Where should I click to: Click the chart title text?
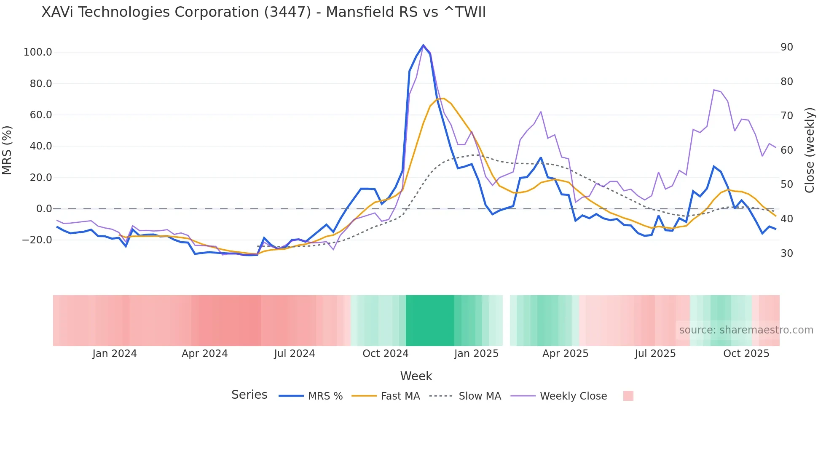click(x=263, y=12)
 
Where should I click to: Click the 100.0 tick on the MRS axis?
click(x=38, y=52)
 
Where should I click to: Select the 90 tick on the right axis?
click(x=787, y=47)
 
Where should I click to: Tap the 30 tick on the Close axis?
click(x=787, y=253)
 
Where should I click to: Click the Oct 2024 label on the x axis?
click(x=385, y=354)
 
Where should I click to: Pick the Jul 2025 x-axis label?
click(x=655, y=354)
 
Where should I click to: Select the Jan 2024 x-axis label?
click(x=115, y=354)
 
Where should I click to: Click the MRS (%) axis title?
click(x=7, y=150)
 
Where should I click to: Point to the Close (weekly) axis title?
click(x=810, y=150)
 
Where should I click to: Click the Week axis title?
click(x=416, y=376)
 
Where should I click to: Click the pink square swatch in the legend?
click(x=628, y=396)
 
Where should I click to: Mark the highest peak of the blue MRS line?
click(x=423, y=45)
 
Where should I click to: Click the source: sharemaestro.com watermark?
click(x=746, y=330)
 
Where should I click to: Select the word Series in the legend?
click(x=249, y=395)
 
